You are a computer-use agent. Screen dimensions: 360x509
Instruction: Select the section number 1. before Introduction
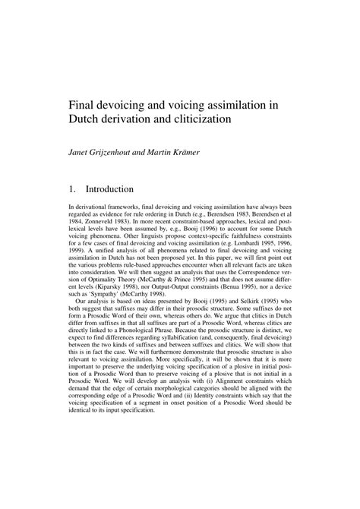(72, 188)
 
